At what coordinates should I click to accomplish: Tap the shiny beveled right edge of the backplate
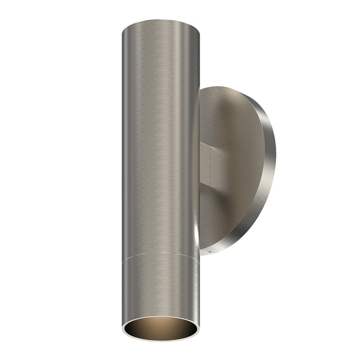(269, 169)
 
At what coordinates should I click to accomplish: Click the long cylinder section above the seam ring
(160, 141)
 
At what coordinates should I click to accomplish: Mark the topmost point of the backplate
(225, 86)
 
